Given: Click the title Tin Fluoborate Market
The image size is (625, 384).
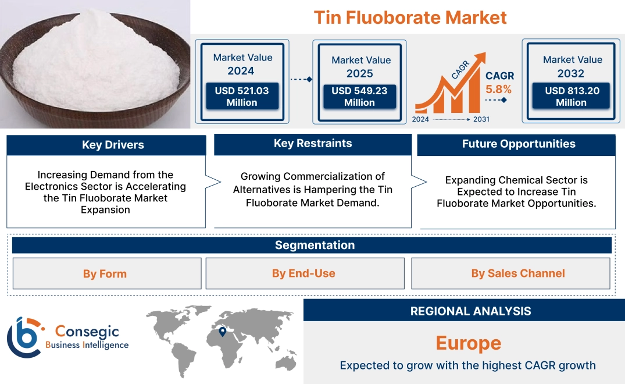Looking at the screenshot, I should [x=410, y=17].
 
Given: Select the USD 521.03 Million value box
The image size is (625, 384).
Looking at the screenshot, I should [x=241, y=97].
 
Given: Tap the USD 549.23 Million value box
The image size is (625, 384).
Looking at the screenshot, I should [x=359, y=97].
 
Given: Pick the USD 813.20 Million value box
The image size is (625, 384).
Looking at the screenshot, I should [x=571, y=97].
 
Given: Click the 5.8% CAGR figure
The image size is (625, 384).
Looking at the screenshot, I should [x=499, y=89].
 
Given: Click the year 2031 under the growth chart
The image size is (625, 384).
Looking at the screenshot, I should [x=481, y=119].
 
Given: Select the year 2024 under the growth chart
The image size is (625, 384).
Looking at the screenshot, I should [x=422, y=119].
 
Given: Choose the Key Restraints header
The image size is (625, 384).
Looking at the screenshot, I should [x=313, y=144].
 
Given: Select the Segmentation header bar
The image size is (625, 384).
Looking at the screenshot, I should [x=315, y=245].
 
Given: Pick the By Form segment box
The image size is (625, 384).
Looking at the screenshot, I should [x=105, y=273].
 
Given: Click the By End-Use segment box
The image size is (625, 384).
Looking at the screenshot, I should [x=303, y=273].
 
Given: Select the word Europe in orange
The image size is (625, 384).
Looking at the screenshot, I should [x=468, y=343].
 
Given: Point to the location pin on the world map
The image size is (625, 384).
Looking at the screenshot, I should [x=222, y=332].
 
